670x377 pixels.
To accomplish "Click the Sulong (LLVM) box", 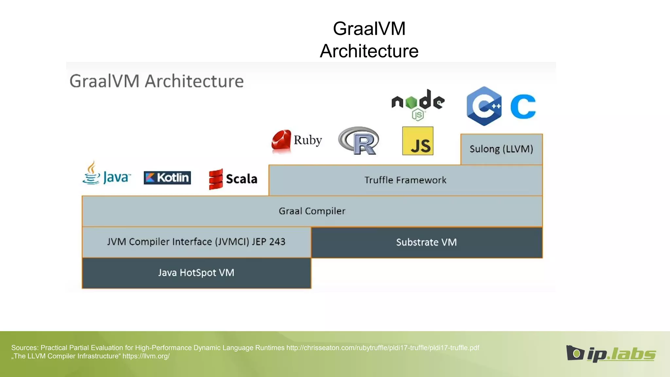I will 501,149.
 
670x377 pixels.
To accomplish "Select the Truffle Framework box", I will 405,180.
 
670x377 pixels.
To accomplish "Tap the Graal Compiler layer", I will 312,211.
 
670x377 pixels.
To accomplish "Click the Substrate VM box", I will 426,242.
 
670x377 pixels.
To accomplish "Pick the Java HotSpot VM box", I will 196,273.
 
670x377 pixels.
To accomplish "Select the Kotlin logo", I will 167,178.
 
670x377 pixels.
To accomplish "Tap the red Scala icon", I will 216,179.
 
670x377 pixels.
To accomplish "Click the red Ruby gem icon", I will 281,141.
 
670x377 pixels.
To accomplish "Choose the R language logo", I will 359,141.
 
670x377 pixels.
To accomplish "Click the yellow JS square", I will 418,141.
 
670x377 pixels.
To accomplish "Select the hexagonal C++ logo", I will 484,106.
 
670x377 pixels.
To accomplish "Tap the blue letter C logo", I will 523,106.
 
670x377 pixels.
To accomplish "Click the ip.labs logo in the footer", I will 611,354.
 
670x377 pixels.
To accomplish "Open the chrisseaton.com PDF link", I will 382,348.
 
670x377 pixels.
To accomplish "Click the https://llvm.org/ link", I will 146,356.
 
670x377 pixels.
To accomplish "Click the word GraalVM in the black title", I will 369,28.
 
